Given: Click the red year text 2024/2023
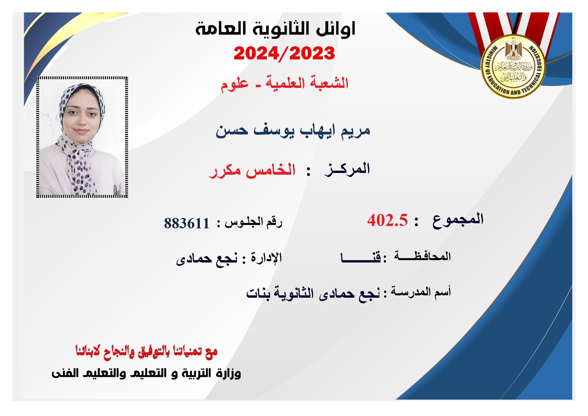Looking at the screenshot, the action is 284,54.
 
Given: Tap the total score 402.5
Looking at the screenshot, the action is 387,220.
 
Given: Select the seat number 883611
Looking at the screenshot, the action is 187,223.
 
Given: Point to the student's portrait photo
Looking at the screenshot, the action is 82,137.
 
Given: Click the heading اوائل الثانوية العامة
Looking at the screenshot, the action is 275,29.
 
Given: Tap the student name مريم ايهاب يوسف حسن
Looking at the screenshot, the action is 293,130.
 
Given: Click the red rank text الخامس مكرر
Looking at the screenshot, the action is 252,171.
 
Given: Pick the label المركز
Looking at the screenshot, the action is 347,169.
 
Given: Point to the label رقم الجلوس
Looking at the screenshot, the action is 253,223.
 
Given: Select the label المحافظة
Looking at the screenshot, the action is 422,256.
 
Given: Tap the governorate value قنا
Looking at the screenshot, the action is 361,258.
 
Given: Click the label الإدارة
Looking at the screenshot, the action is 266,257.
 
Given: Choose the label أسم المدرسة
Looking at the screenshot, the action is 421,292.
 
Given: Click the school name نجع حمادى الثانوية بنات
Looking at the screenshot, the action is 313,294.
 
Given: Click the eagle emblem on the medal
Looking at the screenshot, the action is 513,49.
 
